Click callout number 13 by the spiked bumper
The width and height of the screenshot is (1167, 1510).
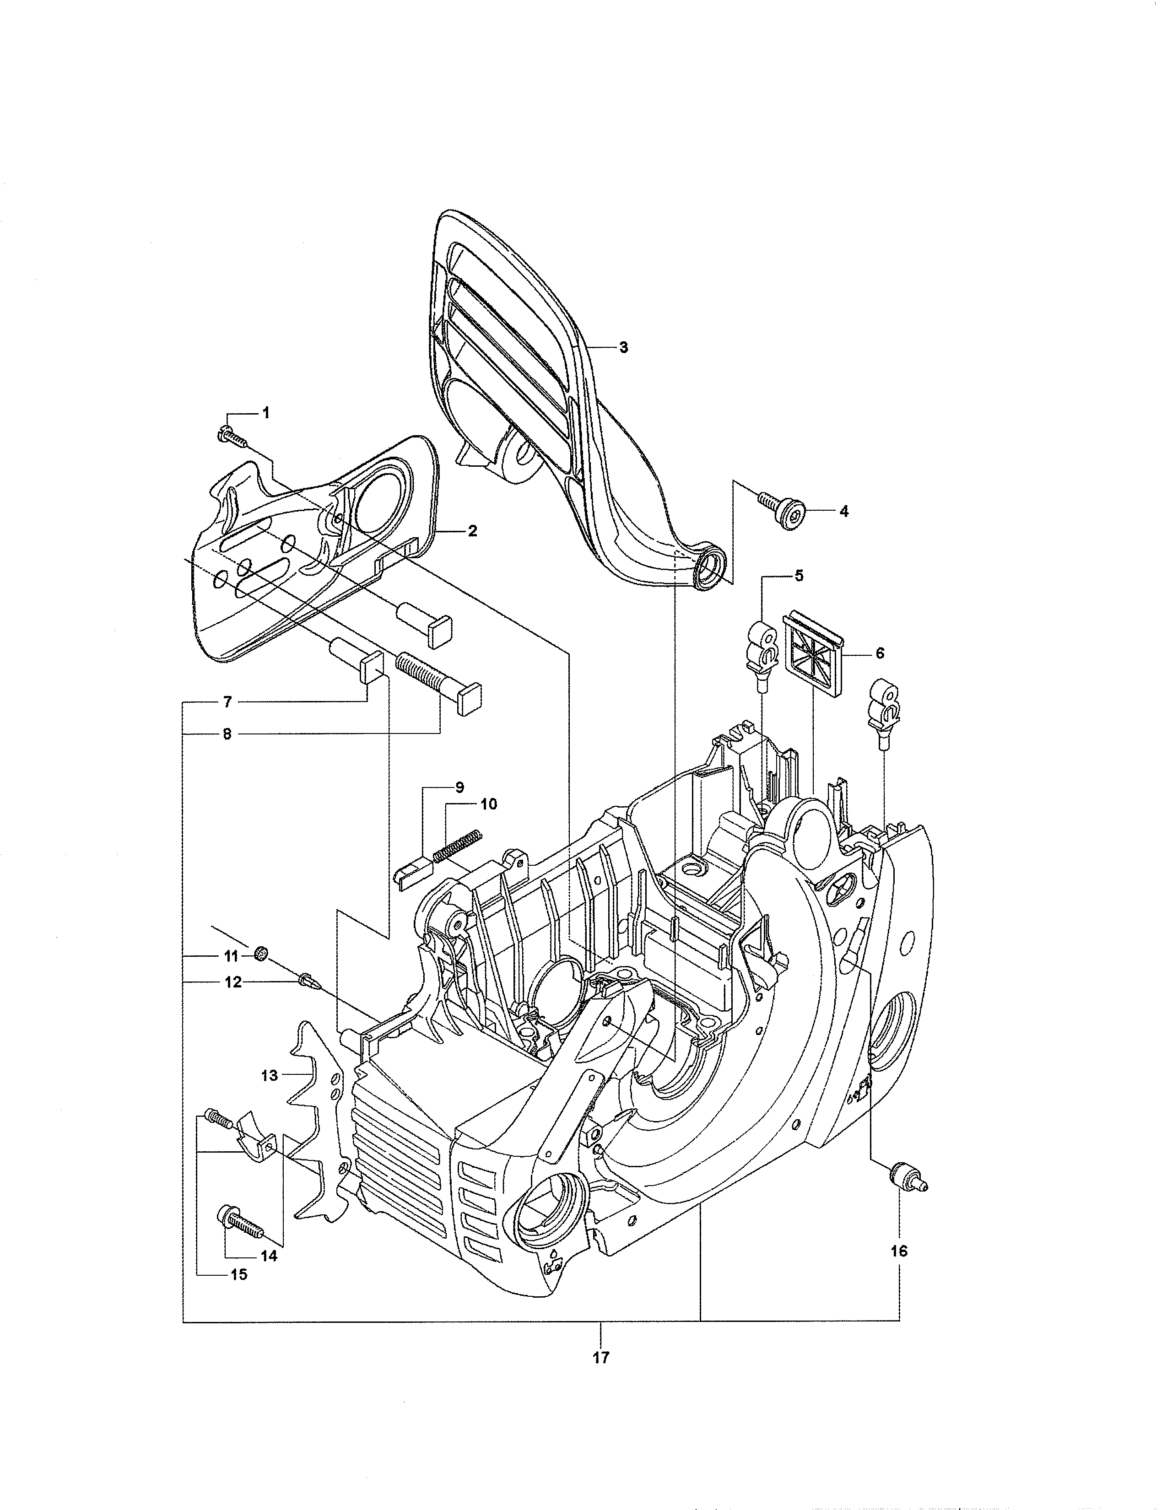pos(270,1075)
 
